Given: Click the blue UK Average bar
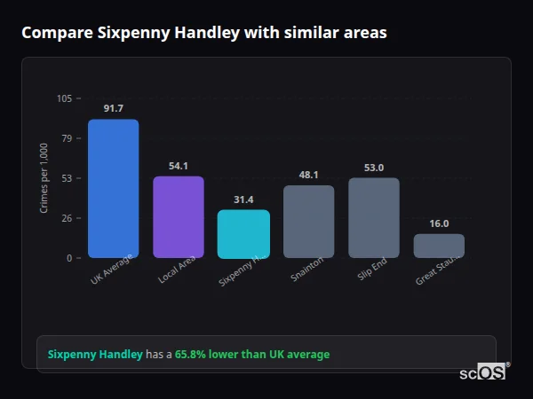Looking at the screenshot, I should (113, 189).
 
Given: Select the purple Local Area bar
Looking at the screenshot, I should (179, 217).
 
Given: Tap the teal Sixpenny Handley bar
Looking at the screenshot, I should (243, 234).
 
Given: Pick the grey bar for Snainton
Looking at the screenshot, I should (308, 222).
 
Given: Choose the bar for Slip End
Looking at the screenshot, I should (373, 218).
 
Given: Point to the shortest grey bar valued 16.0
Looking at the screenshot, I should (439, 246).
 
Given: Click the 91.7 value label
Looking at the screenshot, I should (113, 108).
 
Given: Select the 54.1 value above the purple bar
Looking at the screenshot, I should (179, 166).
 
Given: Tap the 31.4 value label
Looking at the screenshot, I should (243, 199).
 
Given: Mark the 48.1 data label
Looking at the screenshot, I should (308, 175).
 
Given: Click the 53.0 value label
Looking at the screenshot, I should (373, 168).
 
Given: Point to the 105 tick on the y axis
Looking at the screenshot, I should (64, 98).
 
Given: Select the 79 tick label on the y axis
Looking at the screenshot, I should (67, 138).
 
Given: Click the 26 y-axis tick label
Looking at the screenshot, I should (67, 218).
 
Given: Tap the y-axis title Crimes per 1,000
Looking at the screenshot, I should (44, 177).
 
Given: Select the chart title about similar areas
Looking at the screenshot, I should (204, 33).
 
